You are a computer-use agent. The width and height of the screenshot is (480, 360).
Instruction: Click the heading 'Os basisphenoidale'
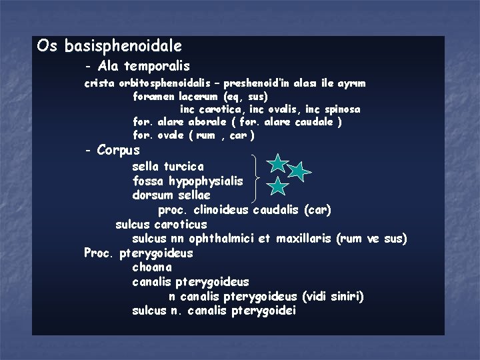point(109,46)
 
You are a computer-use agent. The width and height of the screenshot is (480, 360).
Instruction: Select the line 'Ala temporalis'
point(143,66)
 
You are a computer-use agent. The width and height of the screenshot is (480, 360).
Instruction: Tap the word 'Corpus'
point(118,150)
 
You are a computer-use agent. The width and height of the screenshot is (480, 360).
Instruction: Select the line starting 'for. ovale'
point(193,135)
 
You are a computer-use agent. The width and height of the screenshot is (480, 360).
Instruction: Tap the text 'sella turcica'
point(168,166)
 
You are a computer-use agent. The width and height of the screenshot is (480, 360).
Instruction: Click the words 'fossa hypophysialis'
point(187,181)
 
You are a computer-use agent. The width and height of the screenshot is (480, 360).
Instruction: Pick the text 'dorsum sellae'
point(171,195)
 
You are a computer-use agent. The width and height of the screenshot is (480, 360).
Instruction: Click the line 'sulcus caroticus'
point(161,225)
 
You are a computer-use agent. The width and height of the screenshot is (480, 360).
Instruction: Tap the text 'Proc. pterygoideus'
point(139,253)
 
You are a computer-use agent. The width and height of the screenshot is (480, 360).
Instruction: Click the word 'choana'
point(151,267)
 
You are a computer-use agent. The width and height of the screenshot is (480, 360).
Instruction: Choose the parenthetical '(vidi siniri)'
point(333,297)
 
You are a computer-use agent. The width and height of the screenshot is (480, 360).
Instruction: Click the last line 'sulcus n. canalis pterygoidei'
point(214,311)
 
